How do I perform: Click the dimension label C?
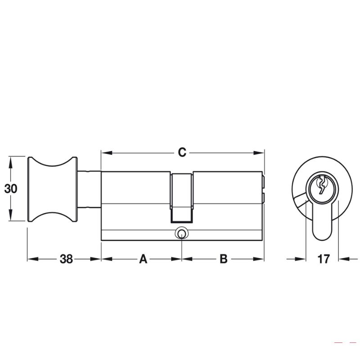(182, 153)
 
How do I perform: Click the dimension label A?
(143, 259)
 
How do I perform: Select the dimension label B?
(223, 259)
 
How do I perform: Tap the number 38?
(66, 259)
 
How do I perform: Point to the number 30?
(10, 189)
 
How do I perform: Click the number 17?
(323, 259)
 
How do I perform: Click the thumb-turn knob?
(53, 189)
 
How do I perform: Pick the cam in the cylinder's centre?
(181, 198)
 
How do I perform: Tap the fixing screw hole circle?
(182, 234)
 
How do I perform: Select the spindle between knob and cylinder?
(89, 189)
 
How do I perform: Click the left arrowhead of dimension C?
(107, 153)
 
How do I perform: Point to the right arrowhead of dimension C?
(259, 153)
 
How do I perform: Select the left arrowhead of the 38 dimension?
(33, 259)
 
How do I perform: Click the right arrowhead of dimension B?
(258, 259)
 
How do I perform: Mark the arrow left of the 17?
(297, 259)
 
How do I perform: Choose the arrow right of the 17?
(348, 259)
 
